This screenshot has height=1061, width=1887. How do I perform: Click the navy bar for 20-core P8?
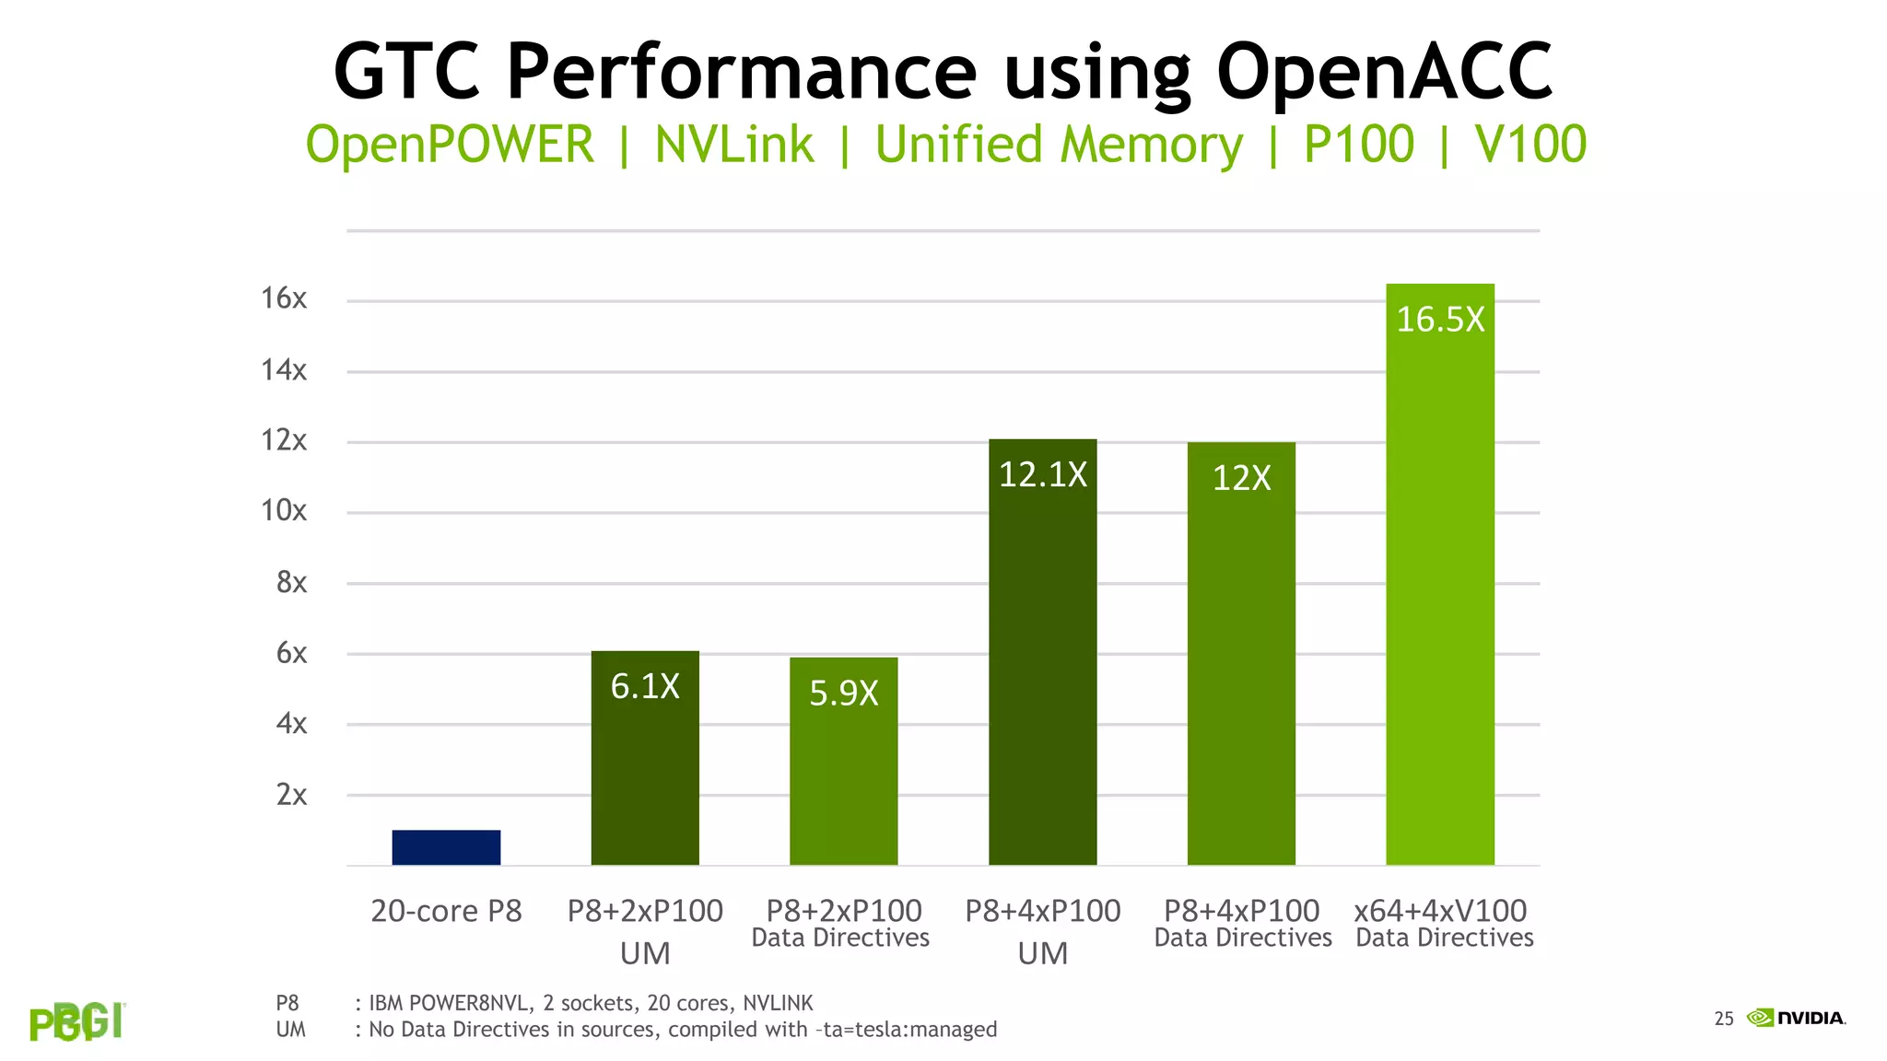coord(446,846)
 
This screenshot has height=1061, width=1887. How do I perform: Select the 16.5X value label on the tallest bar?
coord(1440,320)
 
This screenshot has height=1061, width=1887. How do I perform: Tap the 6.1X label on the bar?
coord(645,686)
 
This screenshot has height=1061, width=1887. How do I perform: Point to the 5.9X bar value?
coord(843,693)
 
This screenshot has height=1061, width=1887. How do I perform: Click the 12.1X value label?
coord(1042,474)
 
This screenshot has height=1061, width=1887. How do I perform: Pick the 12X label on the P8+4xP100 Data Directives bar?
coord(1241,478)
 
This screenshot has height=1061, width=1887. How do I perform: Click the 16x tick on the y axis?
coord(284,298)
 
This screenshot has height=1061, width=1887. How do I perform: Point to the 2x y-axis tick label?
coord(291,794)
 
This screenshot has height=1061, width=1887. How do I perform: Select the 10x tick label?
coord(284,510)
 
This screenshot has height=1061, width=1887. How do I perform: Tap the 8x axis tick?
coord(291,582)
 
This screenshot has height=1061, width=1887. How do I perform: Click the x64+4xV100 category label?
coord(1440,911)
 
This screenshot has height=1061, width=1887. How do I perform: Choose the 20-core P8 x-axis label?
coord(446,911)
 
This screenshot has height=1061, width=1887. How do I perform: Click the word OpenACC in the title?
coord(1384,72)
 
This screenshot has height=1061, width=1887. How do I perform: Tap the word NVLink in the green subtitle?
coord(734,145)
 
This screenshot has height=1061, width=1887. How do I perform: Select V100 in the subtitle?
coord(1530,145)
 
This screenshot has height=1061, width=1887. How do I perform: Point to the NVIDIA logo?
coord(1796,1018)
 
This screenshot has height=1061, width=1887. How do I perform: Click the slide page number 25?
coord(1723,1019)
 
